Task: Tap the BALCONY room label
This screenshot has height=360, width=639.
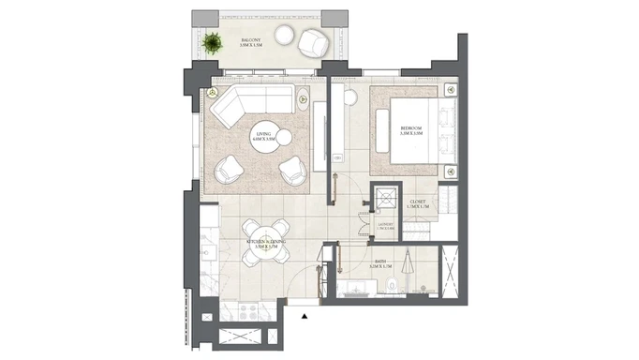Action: click(249, 41)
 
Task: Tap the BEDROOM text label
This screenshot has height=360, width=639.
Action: click(413, 129)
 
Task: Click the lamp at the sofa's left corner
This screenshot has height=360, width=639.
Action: click(213, 94)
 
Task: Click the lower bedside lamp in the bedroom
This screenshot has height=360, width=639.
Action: click(449, 172)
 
